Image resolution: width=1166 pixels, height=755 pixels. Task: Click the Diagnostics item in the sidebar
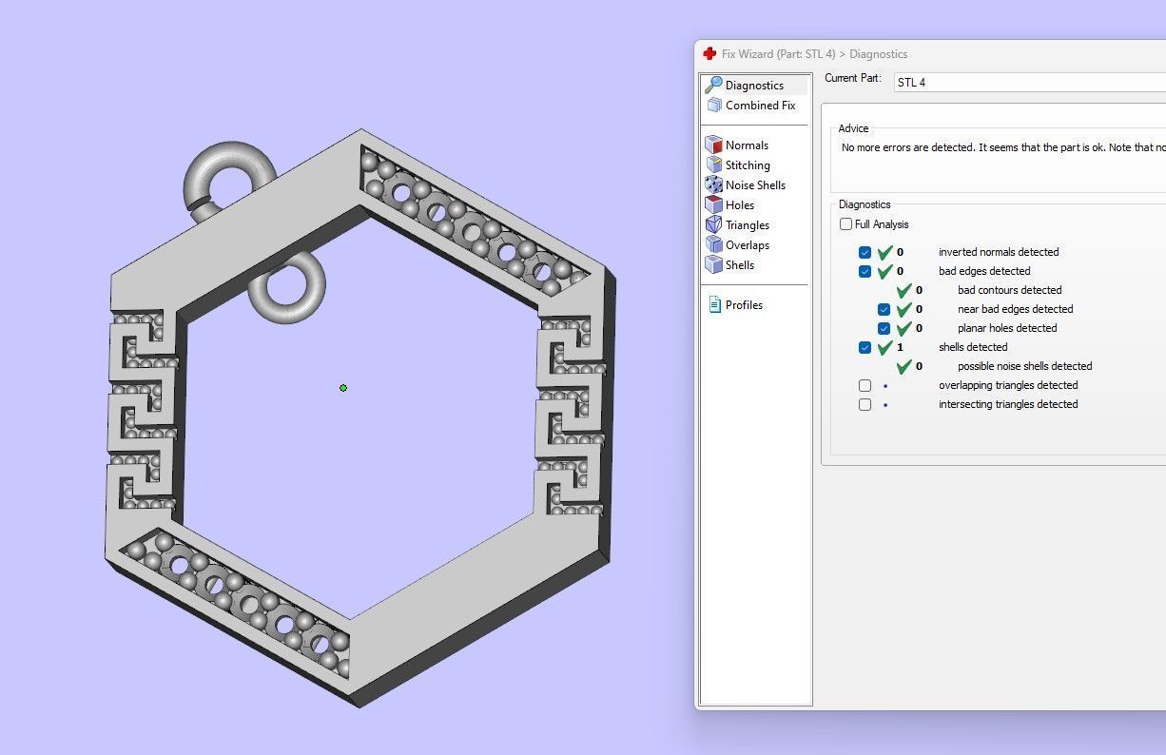pyautogui.click(x=754, y=86)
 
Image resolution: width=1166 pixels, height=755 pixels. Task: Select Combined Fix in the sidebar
pyautogui.click(x=759, y=106)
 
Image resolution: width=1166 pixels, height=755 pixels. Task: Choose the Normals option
pyautogui.click(x=746, y=145)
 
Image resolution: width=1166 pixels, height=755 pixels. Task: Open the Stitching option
pyautogui.click(x=748, y=165)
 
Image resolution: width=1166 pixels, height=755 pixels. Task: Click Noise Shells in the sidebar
pyautogui.click(x=755, y=185)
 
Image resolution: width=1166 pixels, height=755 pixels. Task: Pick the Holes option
pyautogui.click(x=739, y=205)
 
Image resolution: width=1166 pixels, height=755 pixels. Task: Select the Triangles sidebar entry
pyautogui.click(x=747, y=225)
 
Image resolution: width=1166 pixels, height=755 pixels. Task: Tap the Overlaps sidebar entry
pyautogui.click(x=747, y=245)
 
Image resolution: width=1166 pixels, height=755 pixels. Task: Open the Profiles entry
pyautogui.click(x=743, y=305)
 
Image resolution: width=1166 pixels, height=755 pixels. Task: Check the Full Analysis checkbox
pyautogui.click(x=846, y=224)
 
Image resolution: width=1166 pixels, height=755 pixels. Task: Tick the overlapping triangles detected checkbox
pyautogui.click(x=865, y=385)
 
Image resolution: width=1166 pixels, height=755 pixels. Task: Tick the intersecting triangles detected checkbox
pyautogui.click(x=865, y=404)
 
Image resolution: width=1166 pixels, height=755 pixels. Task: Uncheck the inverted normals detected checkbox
pyautogui.click(x=865, y=252)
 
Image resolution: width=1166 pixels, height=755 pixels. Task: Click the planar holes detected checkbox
pyautogui.click(x=884, y=328)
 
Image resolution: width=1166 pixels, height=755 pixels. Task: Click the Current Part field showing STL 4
pyautogui.click(x=1027, y=83)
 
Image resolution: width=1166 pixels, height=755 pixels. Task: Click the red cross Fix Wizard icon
pyautogui.click(x=709, y=54)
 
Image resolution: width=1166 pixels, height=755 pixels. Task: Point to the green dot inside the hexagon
pyautogui.click(x=343, y=388)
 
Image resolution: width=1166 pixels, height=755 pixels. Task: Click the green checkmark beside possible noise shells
pyautogui.click(x=904, y=366)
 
